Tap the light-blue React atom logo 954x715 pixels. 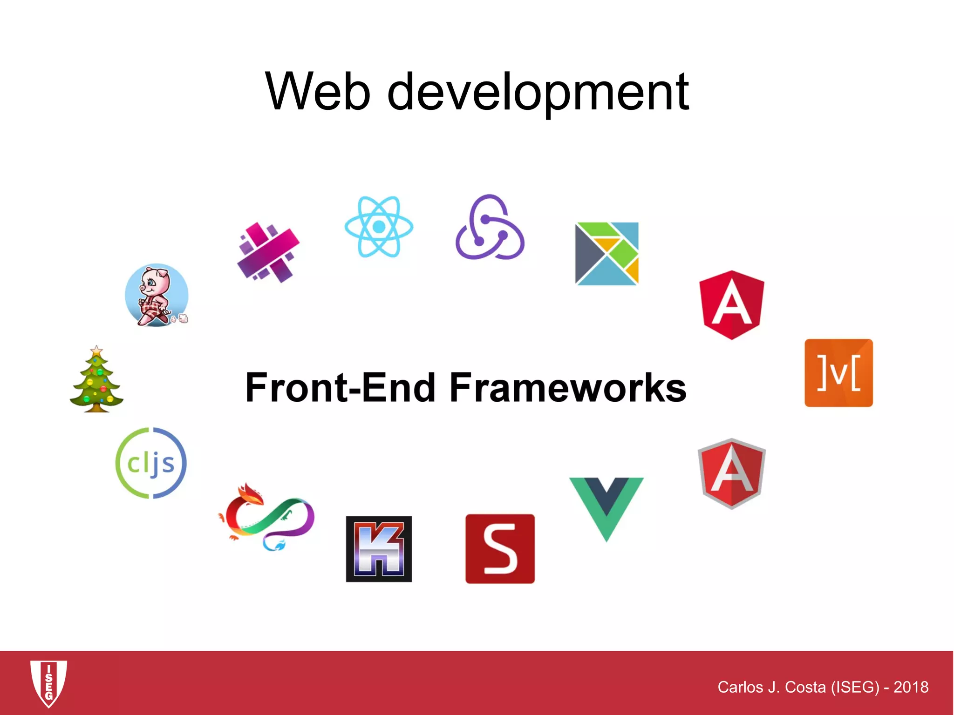tap(379, 227)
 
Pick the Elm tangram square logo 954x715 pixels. tap(606, 254)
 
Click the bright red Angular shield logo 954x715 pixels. tap(732, 305)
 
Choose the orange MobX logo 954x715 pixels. tap(838, 373)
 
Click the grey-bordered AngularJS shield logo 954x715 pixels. tap(731, 473)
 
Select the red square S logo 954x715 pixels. tap(500, 549)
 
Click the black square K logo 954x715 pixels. tap(379, 549)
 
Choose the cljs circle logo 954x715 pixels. tap(151, 463)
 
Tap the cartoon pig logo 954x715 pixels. tap(157, 296)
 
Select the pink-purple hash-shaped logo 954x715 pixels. tap(268, 253)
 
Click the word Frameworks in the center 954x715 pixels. tap(568, 388)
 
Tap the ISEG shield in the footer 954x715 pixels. tap(48, 683)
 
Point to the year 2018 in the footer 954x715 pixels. tap(911, 687)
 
